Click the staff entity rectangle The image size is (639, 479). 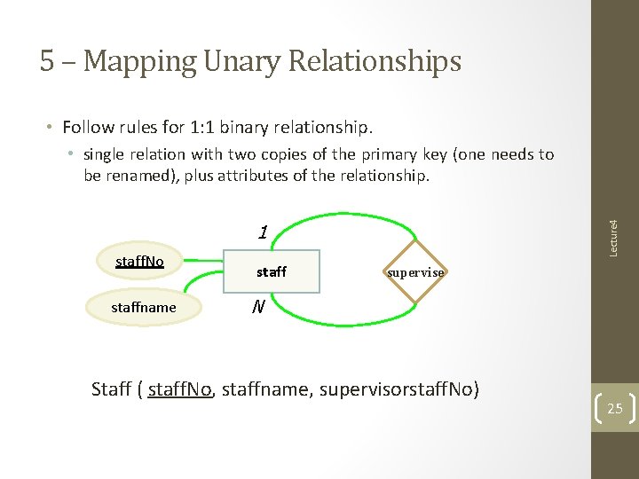(272, 272)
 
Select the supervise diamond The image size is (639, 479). (415, 272)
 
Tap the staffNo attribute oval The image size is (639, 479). (139, 261)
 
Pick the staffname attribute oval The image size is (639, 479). (143, 307)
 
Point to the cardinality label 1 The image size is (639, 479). (262, 233)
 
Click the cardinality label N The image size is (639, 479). (257, 307)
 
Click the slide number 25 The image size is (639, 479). (614, 409)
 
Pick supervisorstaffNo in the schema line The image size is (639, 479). (398, 389)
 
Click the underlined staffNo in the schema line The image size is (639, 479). (181, 389)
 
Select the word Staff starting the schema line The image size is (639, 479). (112, 389)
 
